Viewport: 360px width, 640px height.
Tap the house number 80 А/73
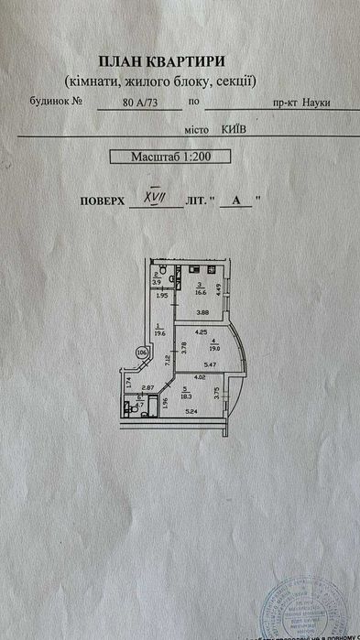point(140,103)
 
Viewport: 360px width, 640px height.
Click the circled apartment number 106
point(141,351)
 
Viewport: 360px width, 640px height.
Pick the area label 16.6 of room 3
point(199,294)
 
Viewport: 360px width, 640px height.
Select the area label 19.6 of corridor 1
point(159,334)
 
